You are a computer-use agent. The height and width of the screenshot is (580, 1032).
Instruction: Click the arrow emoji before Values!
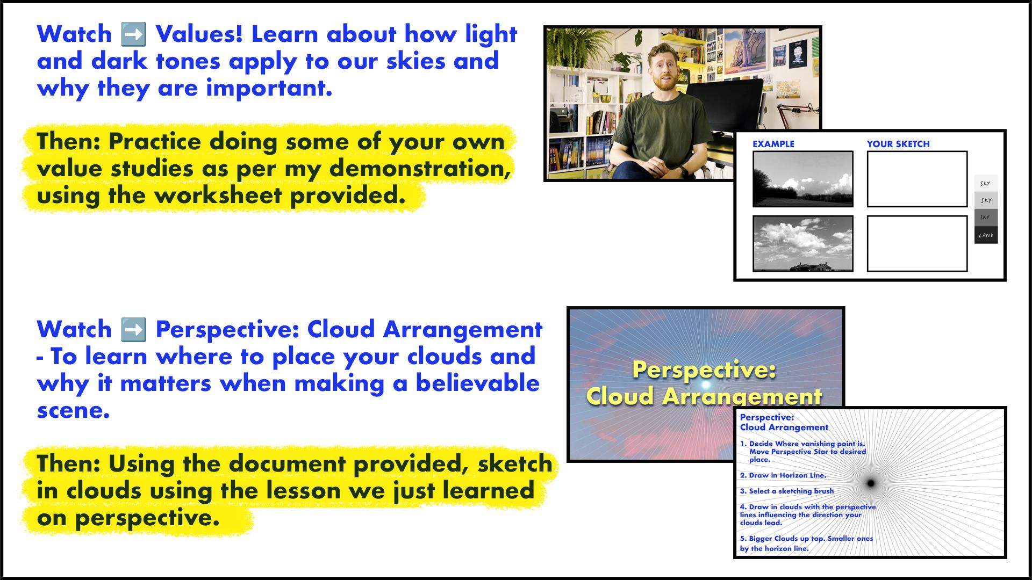(134, 34)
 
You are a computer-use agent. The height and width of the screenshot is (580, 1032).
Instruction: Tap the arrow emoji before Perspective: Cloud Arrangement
(134, 330)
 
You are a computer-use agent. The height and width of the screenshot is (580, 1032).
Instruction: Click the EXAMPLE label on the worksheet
(773, 144)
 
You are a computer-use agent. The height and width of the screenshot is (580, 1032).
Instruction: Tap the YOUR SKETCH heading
(898, 144)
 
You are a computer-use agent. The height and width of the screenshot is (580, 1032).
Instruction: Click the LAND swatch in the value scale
(986, 235)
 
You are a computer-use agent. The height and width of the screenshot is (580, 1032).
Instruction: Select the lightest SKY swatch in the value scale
(986, 183)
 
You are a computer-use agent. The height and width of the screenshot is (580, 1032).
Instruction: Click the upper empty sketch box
(917, 179)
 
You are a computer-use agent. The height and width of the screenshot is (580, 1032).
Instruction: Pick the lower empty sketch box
(917, 243)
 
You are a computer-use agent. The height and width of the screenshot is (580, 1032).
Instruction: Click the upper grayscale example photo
(802, 179)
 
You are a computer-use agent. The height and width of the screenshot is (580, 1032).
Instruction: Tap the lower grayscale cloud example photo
(802, 243)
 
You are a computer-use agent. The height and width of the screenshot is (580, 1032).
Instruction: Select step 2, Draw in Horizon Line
(783, 475)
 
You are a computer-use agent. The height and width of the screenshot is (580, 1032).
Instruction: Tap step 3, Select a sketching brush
(787, 491)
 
